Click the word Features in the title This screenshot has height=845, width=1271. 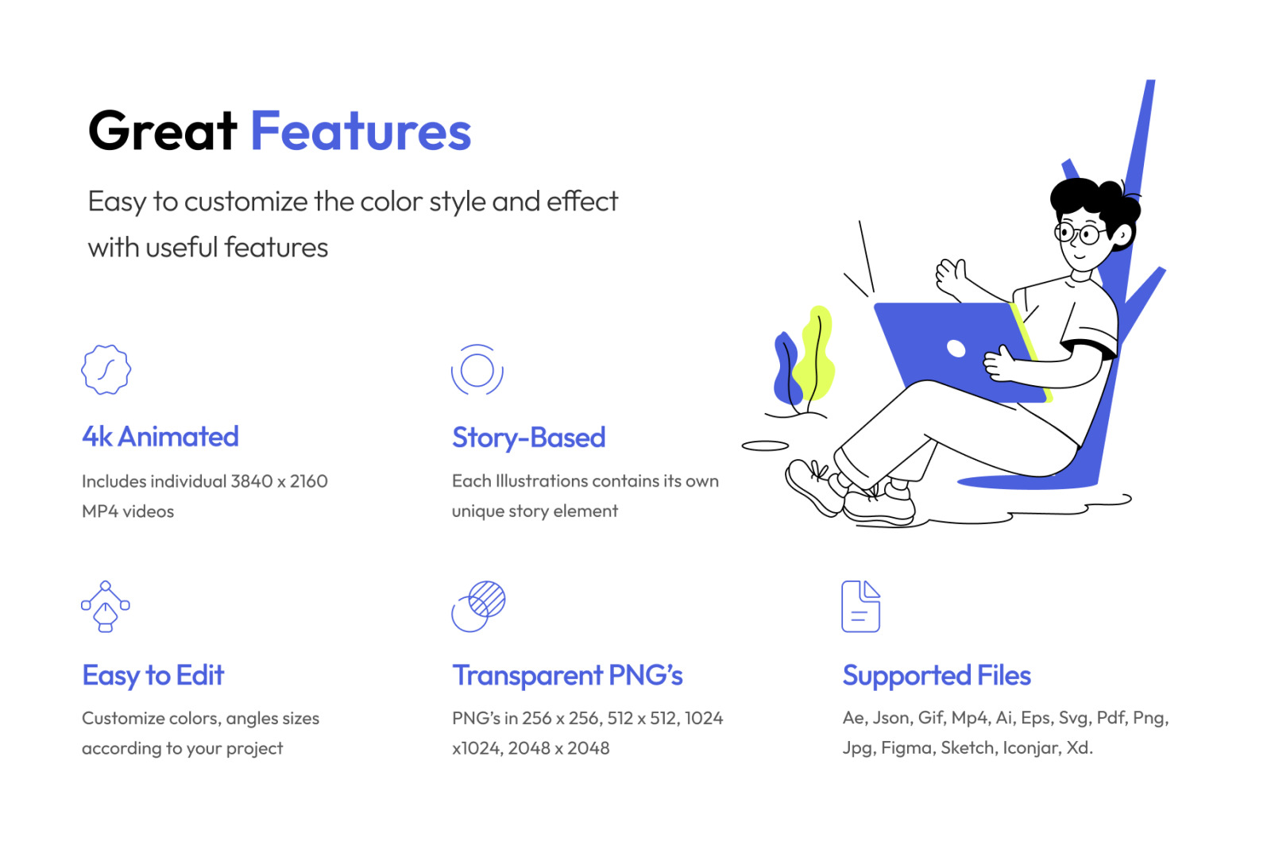(x=361, y=131)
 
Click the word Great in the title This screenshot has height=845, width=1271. (x=162, y=131)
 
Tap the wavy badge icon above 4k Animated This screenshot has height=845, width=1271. (x=106, y=369)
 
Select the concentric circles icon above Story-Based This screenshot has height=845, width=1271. (x=477, y=369)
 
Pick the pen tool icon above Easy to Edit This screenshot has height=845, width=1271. (x=106, y=606)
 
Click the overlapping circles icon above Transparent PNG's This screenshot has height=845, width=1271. (x=478, y=606)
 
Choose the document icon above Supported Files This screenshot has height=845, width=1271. (x=861, y=606)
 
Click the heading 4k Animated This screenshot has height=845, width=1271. (x=160, y=437)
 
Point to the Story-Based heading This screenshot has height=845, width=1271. (x=529, y=438)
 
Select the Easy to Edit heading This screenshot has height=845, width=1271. (x=153, y=675)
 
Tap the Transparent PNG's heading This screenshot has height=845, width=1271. (x=567, y=675)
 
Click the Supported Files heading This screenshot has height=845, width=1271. (x=937, y=675)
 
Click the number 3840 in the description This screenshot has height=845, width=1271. (x=251, y=481)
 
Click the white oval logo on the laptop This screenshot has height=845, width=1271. (x=956, y=348)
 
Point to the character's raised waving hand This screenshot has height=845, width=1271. (x=952, y=276)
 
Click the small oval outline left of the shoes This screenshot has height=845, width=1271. (x=765, y=446)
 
